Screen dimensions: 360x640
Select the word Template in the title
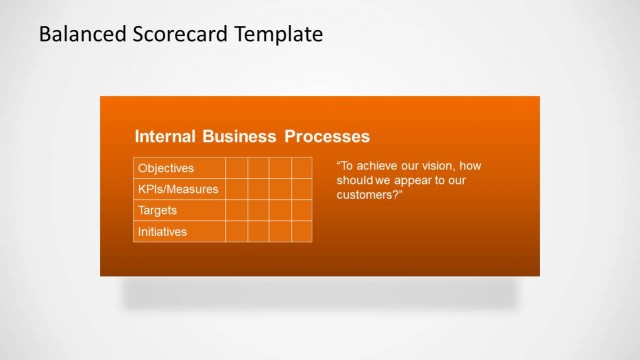tap(278, 34)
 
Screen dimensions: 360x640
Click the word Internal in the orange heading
tap(166, 136)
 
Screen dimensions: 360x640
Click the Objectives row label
tap(166, 168)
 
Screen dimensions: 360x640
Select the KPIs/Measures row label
tap(178, 189)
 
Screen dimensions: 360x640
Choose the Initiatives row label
tap(162, 232)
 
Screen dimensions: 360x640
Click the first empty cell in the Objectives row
tap(236, 168)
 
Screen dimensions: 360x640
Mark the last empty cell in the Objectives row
tap(302, 168)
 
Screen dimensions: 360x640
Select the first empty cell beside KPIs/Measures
tap(236, 189)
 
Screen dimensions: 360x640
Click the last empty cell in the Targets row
tap(302, 211)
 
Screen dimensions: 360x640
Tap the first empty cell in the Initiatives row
tap(236, 232)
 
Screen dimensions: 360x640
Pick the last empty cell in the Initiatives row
tap(302, 232)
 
